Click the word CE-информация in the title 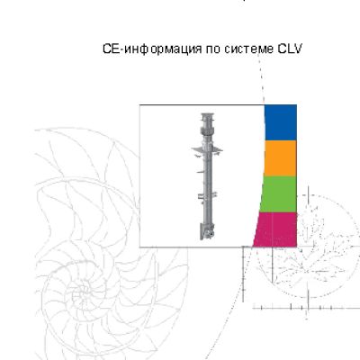pos(152,49)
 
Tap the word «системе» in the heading pos(249,49)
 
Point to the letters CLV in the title pos(290,49)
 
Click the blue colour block pos(281,122)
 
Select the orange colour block pos(280,158)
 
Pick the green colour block pos(278,193)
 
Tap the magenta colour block pos(275,229)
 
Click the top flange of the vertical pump pos(206,115)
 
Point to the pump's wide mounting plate pos(207,149)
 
